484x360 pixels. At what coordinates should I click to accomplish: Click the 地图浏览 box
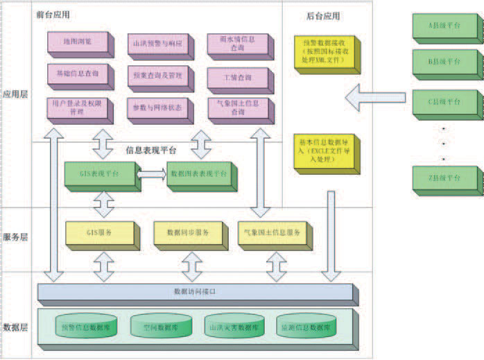click(x=76, y=43)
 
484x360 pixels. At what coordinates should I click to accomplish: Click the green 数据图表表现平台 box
click(x=201, y=175)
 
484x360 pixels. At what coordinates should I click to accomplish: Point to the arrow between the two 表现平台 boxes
click(x=151, y=174)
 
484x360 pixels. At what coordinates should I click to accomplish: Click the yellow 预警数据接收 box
click(x=324, y=54)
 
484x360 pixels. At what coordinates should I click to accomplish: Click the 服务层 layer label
click(x=15, y=237)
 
